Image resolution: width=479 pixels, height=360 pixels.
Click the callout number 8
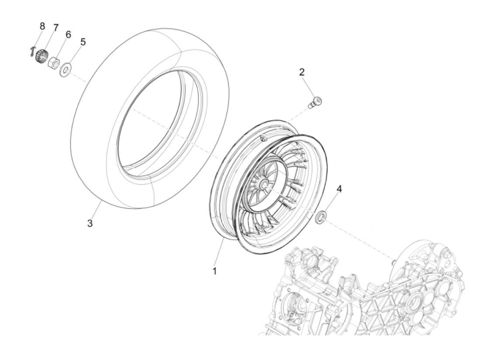click(x=42, y=26)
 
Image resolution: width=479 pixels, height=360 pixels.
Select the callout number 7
click(x=56, y=28)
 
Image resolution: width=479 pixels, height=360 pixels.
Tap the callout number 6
click(x=68, y=35)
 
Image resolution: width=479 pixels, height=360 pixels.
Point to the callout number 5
click(x=83, y=42)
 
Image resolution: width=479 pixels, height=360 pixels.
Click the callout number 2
click(x=301, y=72)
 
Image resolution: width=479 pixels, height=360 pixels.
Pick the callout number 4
click(x=339, y=189)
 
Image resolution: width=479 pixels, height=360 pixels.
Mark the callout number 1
click(x=215, y=271)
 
